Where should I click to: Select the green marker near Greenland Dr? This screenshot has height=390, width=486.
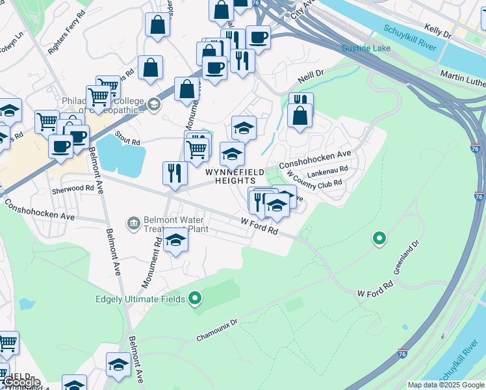click(x=379, y=239)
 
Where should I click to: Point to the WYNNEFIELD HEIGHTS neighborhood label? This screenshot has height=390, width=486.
click(x=235, y=176)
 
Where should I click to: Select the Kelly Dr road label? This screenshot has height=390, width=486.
click(x=437, y=29)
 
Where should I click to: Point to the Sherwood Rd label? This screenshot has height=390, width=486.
click(x=73, y=188)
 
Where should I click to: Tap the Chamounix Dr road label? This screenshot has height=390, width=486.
click(x=218, y=330)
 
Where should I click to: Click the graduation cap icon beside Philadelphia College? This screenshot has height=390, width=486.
click(x=153, y=104)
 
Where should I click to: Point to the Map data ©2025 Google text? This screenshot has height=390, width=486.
click(x=445, y=385)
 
